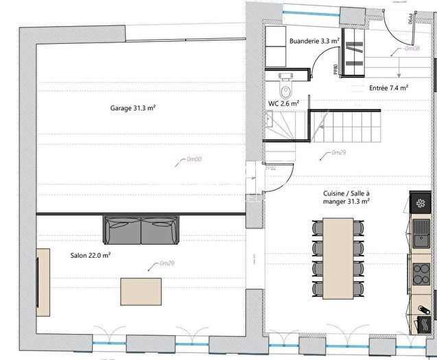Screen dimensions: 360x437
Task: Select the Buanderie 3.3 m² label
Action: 315,41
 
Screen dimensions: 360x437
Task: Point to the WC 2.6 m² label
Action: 283,104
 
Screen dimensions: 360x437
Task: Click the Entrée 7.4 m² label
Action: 389,88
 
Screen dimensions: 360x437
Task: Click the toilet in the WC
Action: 285,88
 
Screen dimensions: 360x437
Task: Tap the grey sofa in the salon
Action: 142,230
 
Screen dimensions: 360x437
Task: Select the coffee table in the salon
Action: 142,291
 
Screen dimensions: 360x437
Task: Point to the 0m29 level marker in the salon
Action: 165,263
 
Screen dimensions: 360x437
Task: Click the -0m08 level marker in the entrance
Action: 411,49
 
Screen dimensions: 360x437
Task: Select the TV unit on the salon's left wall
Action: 43,281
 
